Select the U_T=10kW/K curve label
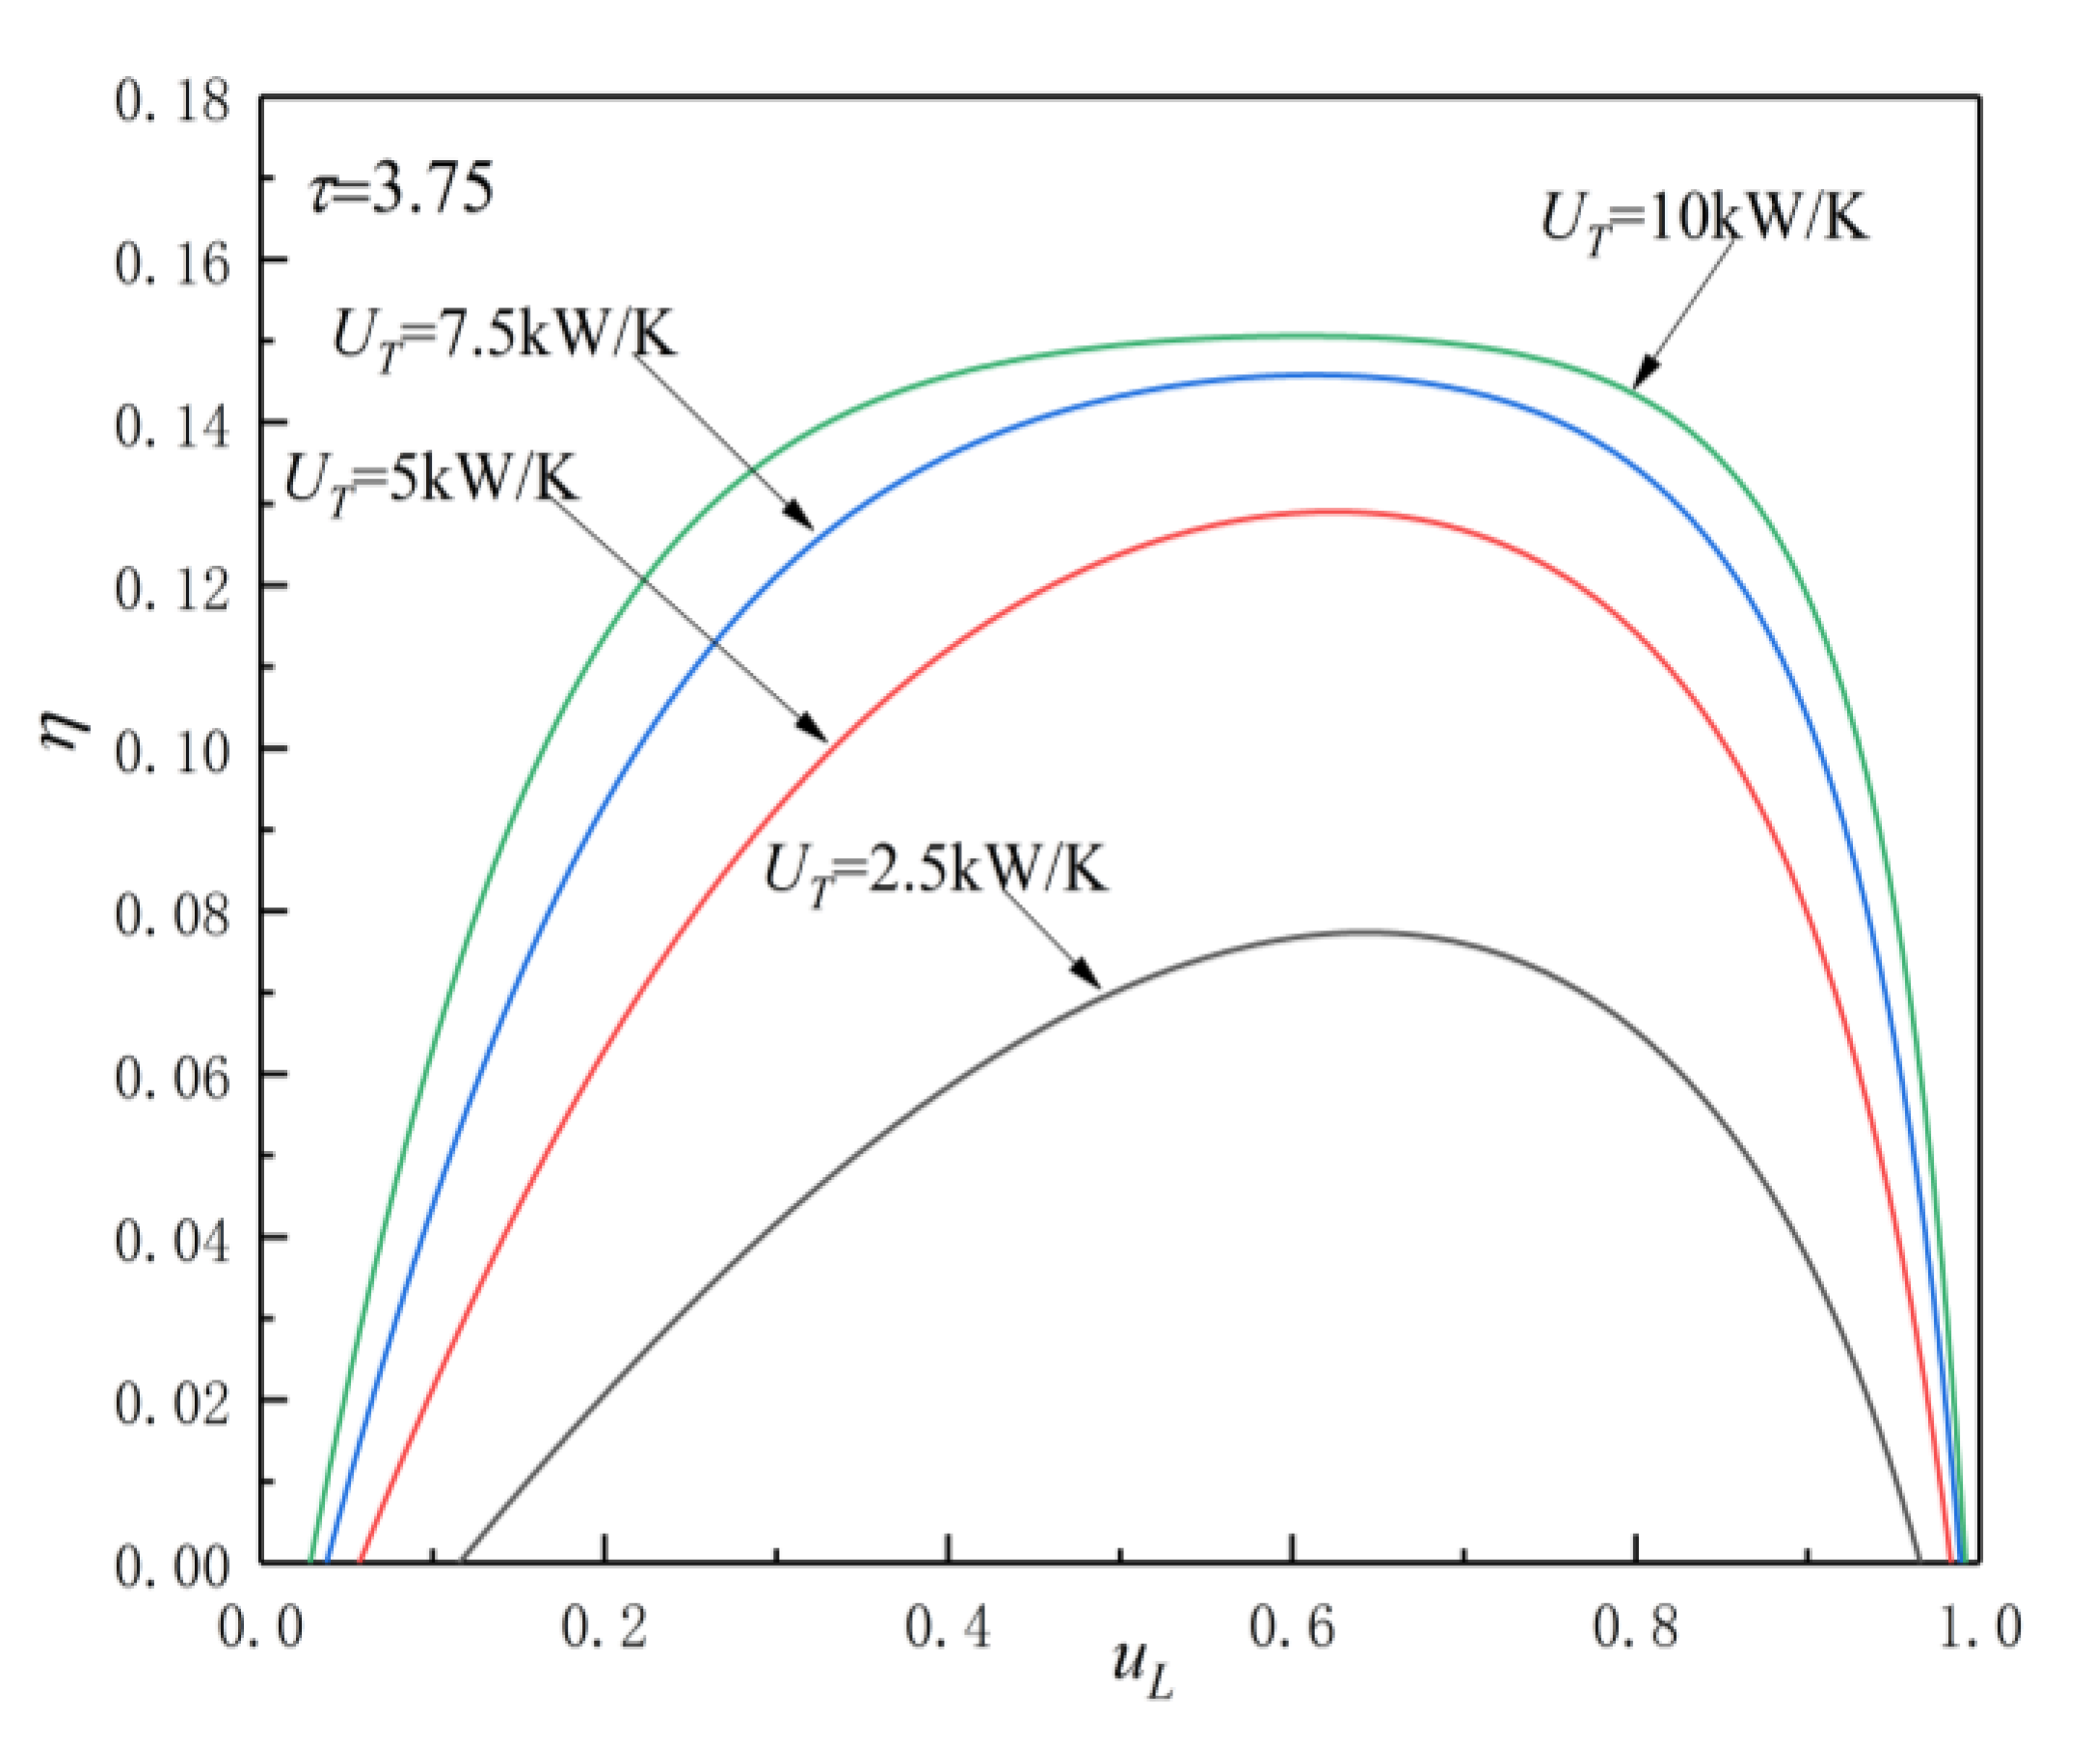click(x=1704, y=219)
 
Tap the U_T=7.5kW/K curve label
click(x=504, y=336)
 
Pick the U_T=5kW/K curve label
click(x=431, y=482)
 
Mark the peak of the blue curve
click(x=1305, y=375)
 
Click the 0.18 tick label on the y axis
click(x=172, y=102)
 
